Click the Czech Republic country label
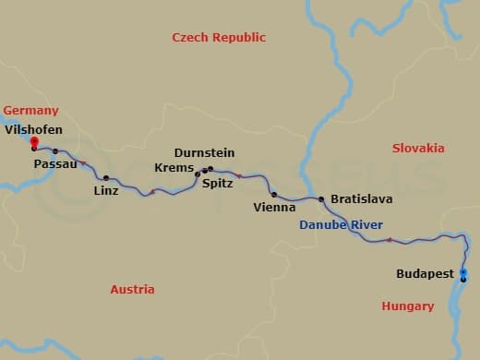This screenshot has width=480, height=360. [219, 38]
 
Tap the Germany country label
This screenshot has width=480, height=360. [30, 111]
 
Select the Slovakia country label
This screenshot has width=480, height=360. [418, 148]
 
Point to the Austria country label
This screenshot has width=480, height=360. [132, 289]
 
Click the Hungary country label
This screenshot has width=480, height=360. [407, 306]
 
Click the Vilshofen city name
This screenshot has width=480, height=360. [33, 130]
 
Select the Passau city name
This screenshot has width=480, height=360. [54, 164]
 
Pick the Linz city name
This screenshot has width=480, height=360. [106, 191]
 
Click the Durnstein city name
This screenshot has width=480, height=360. [204, 153]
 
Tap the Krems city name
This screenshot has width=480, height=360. [176, 169]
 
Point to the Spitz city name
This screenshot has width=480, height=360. [217, 184]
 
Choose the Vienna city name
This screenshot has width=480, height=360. [274, 208]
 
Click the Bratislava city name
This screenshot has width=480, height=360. [361, 198]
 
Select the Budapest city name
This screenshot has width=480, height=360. [425, 274]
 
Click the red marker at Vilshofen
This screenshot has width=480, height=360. [33, 142]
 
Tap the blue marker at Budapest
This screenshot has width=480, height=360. [463, 272]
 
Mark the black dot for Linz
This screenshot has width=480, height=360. [106, 177]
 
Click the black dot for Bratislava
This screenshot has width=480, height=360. [321, 198]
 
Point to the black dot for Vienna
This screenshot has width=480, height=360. [274, 194]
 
